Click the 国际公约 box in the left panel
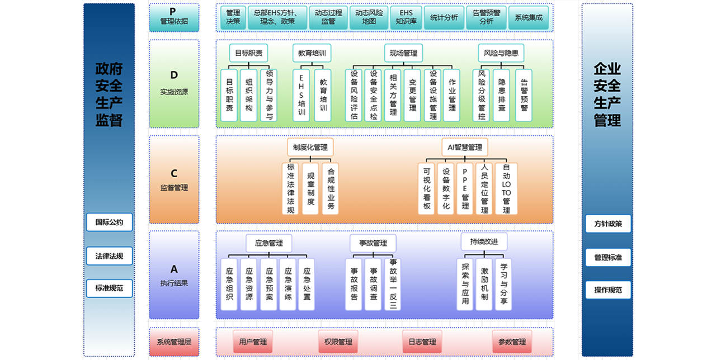click(109, 222)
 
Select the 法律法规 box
click(109, 256)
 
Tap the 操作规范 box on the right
click(608, 290)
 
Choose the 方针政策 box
click(608, 224)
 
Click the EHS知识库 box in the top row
click(406, 17)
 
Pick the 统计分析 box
click(444, 17)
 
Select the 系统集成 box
click(529, 17)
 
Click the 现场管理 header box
click(403, 53)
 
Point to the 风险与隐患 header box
click(501, 53)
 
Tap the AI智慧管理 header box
click(465, 147)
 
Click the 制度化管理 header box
click(310, 147)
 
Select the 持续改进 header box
click(484, 242)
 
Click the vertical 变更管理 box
click(412, 95)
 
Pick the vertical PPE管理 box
click(465, 188)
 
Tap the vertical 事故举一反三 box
click(393, 285)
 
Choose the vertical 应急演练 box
click(288, 285)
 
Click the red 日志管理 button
click(422, 342)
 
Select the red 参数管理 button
click(512, 342)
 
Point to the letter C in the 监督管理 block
click(174, 173)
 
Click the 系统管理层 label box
click(174, 342)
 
